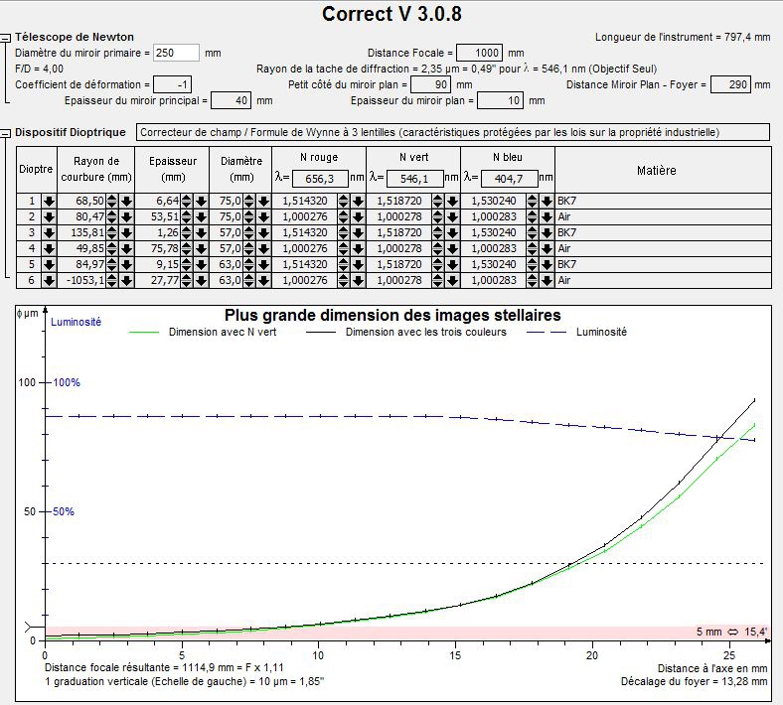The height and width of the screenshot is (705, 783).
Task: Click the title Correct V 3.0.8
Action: pyautogui.click(x=391, y=14)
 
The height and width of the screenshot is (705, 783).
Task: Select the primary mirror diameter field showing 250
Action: pyautogui.click(x=177, y=53)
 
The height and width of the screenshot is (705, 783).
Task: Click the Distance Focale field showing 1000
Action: pyautogui.click(x=480, y=53)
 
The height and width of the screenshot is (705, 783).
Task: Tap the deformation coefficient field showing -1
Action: pyautogui.click(x=173, y=85)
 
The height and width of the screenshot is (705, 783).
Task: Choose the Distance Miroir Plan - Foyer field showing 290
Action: pyautogui.click(x=732, y=85)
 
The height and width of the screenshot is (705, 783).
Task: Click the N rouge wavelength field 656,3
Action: pyautogui.click(x=320, y=179)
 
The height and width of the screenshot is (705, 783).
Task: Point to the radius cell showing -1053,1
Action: pyautogui.click(x=84, y=281)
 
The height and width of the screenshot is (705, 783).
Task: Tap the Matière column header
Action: pyautogui.click(x=656, y=170)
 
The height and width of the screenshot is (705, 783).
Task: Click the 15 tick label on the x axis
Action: pyautogui.click(x=456, y=655)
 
